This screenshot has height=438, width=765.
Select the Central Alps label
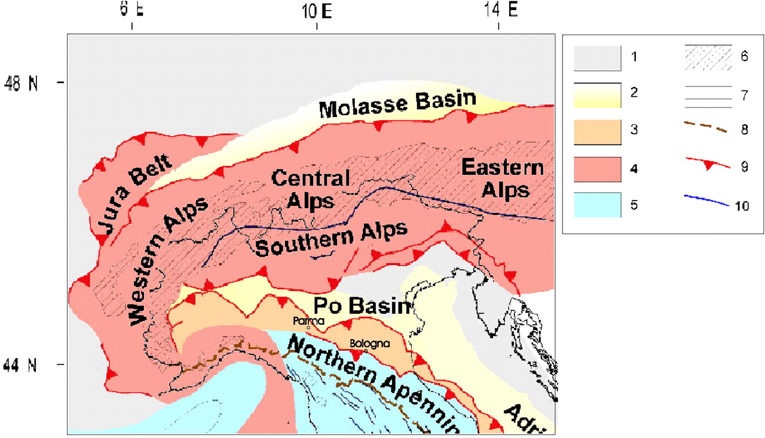coord(310,189)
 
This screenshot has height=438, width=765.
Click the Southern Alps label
coord(332,239)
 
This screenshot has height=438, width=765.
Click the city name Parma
coord(308,321)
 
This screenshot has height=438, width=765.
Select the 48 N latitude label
coord(21,84)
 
